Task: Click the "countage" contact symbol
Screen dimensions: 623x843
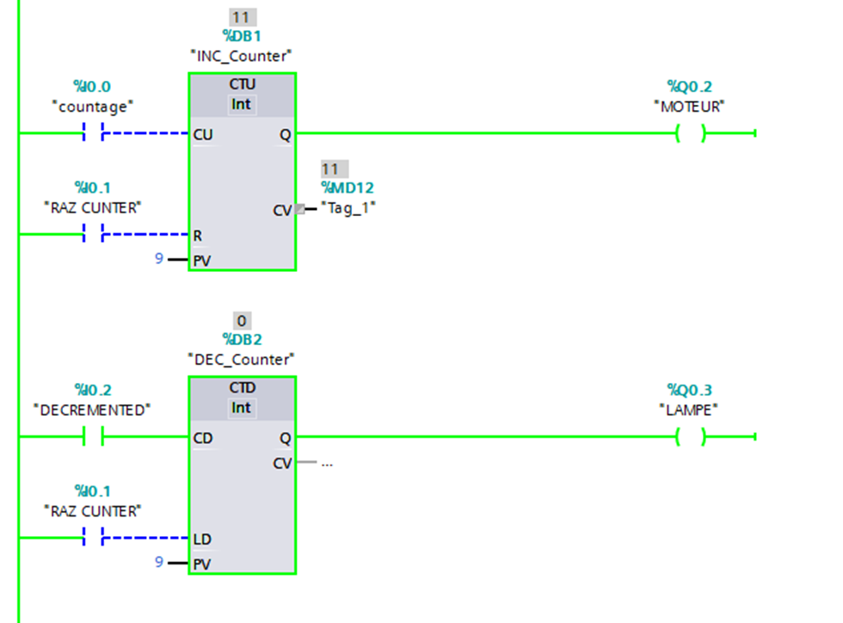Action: pyautogui.click(x=93, y=133)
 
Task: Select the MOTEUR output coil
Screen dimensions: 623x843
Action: pyautogui.click(x=690, y=133)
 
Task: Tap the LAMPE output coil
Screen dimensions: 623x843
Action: pyautogui.click(x=690, y=437)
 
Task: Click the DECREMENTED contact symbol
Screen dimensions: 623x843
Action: pyautogui.click(x=92, y=437)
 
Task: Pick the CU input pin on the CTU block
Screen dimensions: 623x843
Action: pyautogui.click(x=203, y=134)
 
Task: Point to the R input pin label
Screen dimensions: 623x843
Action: pyautogui.click(x=198, y=234)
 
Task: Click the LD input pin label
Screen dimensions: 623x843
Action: pyautogui.click(x=202, y=540)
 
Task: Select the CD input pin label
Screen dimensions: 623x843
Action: pyautogui.click(x=203, y=438)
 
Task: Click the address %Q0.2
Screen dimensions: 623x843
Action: pyautogui.click(x=690, y=86)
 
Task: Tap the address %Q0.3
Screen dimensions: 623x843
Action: pyautogui.click(x=690, y=390)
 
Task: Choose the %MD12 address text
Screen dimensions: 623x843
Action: pyautogui.click(x=348, y=188)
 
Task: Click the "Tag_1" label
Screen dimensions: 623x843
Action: pyautogui.click(x=348, y=207)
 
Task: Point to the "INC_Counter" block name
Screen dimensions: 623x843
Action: pyautogui.click(x=242, y=56)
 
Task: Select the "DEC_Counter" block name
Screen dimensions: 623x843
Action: pyautogui.click(x=242, y=359)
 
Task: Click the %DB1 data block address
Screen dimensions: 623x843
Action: pyautogui.click(x=242, y=37)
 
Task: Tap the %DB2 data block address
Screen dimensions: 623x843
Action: pyautogui.click(x=242, y=340)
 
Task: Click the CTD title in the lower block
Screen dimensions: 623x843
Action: pyautogui.click(x=243, y=388)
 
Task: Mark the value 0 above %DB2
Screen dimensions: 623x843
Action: pyautogui.click(x=242, y=321)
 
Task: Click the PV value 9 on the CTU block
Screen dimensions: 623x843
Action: pyautogui.click(x=159, y=257)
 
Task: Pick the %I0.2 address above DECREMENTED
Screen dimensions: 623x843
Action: pyautogui.click(x=93, y=390)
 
